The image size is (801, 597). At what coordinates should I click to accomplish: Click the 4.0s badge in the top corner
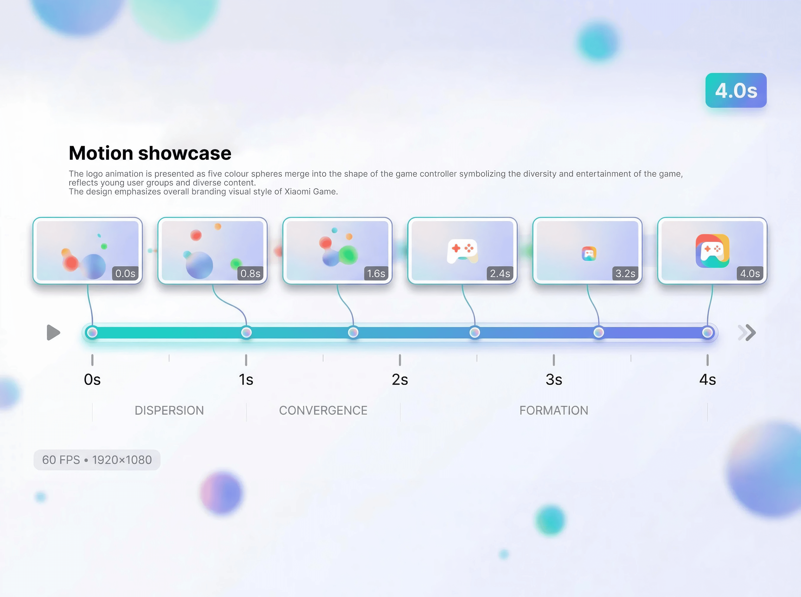(736, 90)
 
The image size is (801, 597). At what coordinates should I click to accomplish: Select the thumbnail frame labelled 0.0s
(88, 250)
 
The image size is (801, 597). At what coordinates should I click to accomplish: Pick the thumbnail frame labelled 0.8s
(213, 250)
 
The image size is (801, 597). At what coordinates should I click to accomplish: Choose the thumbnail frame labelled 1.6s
(338, 250)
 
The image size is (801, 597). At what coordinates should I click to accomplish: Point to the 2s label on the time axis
(400, 379)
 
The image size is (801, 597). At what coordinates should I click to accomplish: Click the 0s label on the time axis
(92, 379)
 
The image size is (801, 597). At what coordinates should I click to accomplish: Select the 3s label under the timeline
(554, 379)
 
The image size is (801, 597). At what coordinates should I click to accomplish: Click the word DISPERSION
(169, 411)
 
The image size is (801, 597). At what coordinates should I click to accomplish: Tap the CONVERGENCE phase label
(323, 411)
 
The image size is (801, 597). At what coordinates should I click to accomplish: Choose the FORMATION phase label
(554, 411)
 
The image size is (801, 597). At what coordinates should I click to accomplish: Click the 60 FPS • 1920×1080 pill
(97, 460)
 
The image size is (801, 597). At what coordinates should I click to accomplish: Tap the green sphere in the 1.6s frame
(348, 254)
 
